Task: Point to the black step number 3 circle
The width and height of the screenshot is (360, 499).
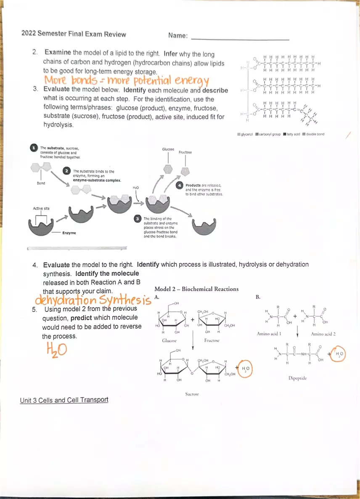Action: point(138,218)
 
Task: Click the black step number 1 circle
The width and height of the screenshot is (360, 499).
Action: point(33,148)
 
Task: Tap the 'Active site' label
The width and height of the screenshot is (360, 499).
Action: point(41,208)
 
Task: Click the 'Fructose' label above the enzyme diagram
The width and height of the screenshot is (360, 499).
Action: point(185,152)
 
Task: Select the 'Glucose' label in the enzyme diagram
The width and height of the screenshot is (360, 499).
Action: point(168,149)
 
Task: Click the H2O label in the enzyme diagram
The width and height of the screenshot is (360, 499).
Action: point(135,187)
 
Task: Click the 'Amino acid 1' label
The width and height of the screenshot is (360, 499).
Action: point(269,334)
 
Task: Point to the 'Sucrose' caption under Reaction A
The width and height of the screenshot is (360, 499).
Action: point(192,394)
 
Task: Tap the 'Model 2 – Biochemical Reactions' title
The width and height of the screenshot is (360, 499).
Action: point(196,289)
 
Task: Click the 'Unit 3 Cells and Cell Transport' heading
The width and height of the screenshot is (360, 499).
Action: point(64,400)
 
